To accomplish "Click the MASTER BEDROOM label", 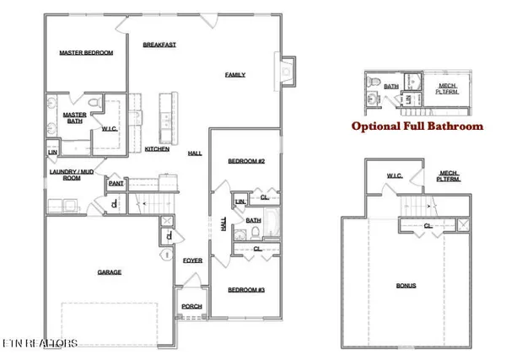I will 86,52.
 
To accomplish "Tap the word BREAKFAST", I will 159,45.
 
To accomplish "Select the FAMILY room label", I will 234,74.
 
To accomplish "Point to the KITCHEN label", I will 157,149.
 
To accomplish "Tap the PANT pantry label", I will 116,182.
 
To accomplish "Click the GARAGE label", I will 109,272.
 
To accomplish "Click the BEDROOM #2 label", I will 246,161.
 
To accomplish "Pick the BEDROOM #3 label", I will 246,290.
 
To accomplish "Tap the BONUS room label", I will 406,286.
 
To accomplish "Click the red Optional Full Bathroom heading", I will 417,126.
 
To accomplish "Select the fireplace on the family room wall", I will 287,72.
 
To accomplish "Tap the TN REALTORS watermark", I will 40,343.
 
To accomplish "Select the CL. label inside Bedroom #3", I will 256,250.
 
